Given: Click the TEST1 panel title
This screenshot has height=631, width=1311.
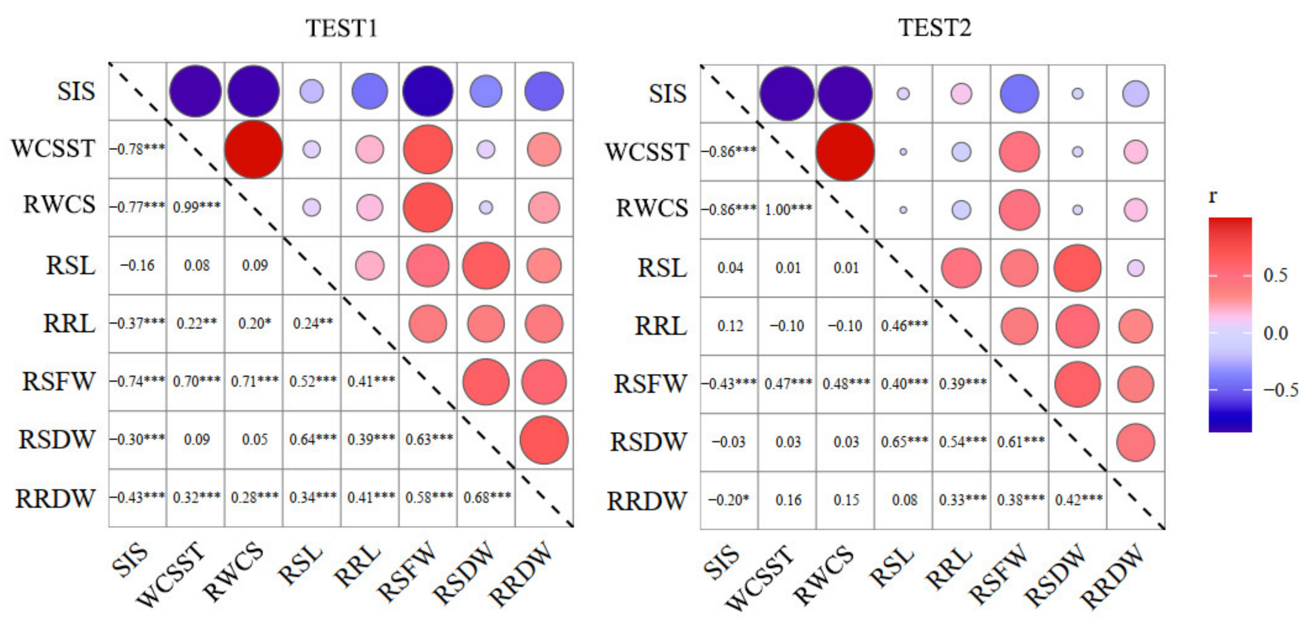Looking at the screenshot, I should click(x=342, y=28).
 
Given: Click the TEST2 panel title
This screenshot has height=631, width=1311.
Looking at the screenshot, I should click(x=934, y=27).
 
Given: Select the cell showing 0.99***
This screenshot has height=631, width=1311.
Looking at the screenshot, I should click(x=197, y=207).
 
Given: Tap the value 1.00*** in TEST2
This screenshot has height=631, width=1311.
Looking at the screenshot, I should click(x=788, y=209).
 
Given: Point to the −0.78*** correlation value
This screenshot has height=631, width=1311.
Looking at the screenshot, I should click(x=137, y=149).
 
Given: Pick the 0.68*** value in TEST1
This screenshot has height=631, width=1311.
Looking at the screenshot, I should click(x=487, y=497).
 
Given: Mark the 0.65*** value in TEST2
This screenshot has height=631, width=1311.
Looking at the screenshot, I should click(x=904, y=442).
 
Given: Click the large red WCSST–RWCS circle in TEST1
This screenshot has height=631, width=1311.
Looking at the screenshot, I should click(x=253, y=149).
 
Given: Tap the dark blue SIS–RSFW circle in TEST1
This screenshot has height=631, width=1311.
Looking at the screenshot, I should click(x=428, y=92).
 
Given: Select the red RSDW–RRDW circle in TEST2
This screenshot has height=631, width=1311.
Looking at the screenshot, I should click(x=1135, y=442).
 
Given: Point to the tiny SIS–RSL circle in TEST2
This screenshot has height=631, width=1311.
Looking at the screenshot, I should click(x=903, y=94).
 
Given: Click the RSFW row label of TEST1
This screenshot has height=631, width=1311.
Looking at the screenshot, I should click(x=58, y=382).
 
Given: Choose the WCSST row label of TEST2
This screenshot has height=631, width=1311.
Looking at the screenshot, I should click(x=647, y=152).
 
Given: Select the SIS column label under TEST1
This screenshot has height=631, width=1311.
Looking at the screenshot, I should click(x=131, y=560).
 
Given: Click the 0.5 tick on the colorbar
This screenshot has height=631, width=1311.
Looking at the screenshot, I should click(x=1275, y=275).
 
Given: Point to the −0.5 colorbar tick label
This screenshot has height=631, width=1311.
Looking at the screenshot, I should click(x=1280, y=390).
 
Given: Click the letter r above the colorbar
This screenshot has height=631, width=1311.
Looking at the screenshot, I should click(x=1213, y=196).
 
